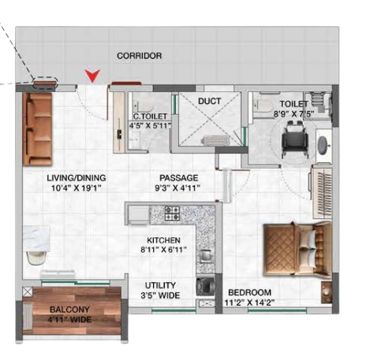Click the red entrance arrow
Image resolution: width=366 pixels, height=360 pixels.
(92, 76)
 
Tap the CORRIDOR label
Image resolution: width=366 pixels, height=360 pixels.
(140, 56)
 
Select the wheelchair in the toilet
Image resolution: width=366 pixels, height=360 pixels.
(295, 139)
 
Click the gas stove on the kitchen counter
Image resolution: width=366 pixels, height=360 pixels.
(172, 213)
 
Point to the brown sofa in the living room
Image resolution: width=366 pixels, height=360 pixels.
(37, 128)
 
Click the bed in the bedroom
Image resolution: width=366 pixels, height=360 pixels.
(298, 249)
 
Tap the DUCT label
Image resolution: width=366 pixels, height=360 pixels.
(209, 101)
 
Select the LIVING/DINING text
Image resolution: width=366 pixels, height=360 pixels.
(77, 178)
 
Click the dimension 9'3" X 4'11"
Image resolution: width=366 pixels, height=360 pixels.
(177, 188)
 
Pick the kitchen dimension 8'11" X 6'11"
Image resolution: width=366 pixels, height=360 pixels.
(163, 250)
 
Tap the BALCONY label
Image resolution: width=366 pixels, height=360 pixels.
(70, 310)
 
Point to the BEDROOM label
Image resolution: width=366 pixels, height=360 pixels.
(249, 292)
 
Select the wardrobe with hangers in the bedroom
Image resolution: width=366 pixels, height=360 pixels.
(322, 191)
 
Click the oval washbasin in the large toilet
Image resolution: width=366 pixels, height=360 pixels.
(323, 145)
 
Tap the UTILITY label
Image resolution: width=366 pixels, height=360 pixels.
(160, 285)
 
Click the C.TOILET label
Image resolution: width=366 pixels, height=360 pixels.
(150, 117)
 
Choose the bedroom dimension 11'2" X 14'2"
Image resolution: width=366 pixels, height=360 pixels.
(249, 302)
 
